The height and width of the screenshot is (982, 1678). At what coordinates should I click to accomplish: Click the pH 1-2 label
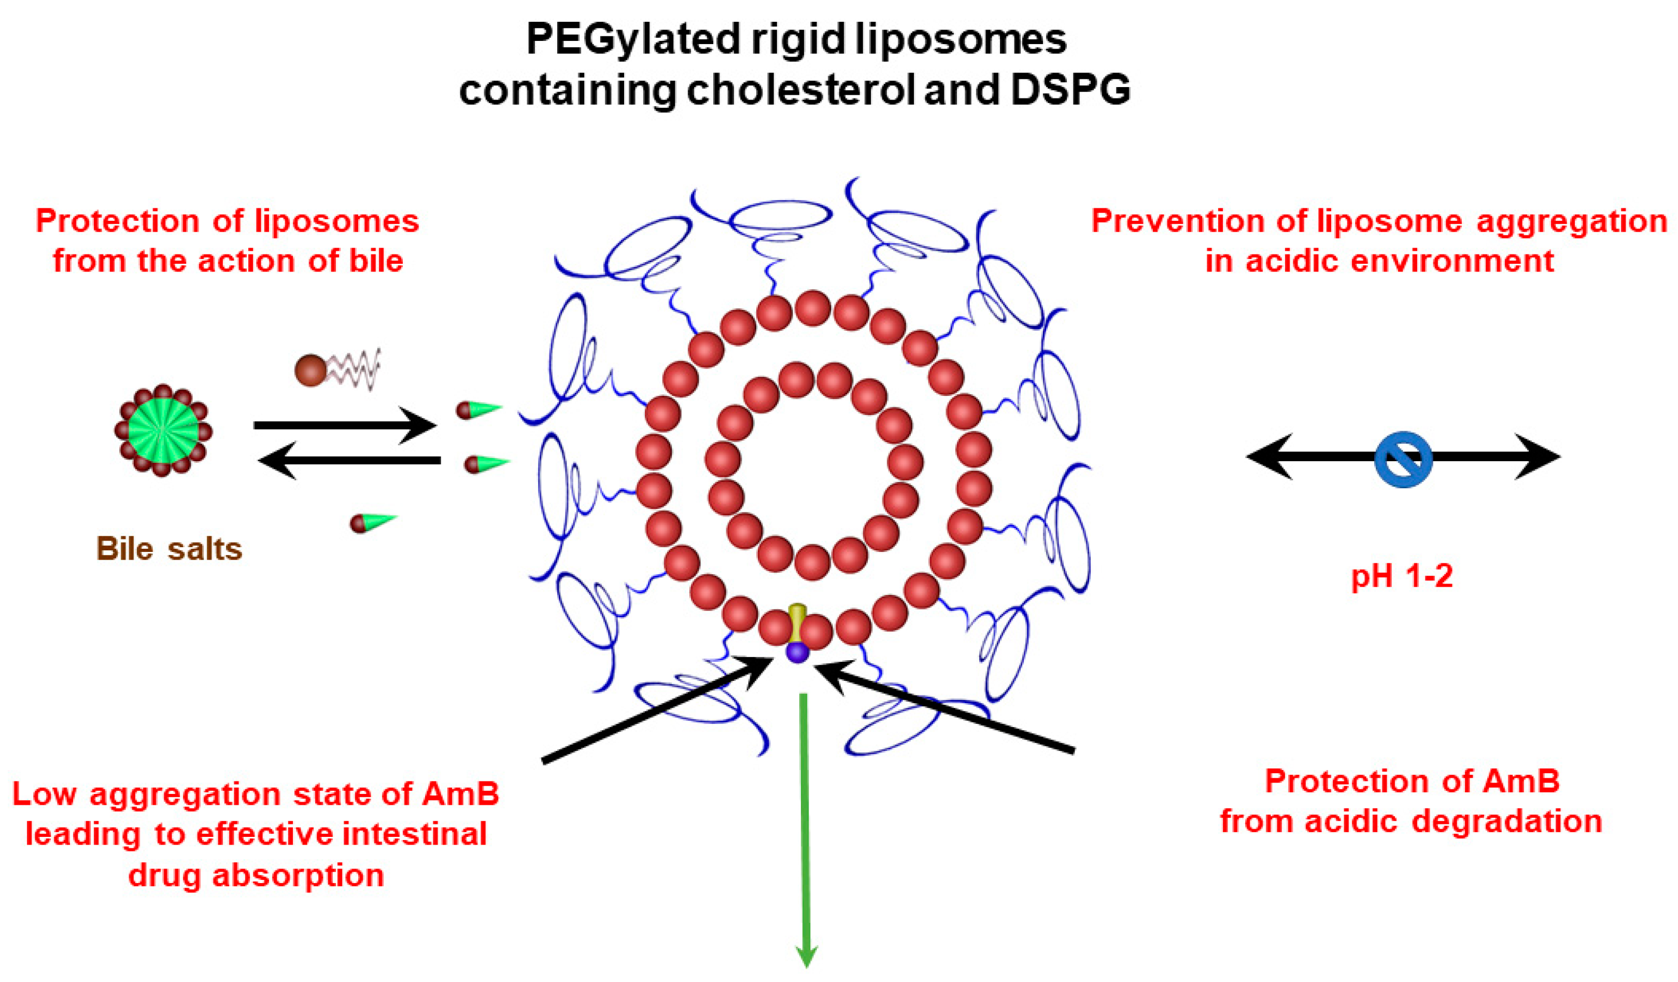tap(1402, 575)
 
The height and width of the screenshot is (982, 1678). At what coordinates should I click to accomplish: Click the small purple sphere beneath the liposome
tap(797, 652)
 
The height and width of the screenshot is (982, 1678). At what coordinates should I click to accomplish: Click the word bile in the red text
tap(376, 260)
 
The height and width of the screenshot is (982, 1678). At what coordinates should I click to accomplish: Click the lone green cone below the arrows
tap(373, 523)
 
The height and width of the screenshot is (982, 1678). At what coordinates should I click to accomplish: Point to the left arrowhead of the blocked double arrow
tap(1268, 457)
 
